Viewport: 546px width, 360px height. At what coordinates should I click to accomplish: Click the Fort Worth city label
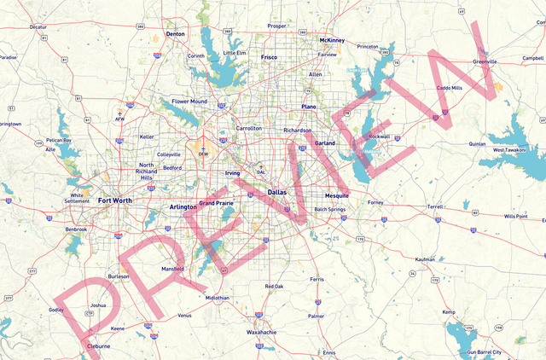[x=115, y=200]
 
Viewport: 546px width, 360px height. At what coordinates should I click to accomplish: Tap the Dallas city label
[x=277, y=193]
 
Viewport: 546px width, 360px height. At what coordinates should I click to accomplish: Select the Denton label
[x=176, y=34]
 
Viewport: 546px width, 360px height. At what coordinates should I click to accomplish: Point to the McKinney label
[x=331, y=40]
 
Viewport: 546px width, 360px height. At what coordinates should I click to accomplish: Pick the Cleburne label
[x=99, y=346]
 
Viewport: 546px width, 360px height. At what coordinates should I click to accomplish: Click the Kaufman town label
[x=425, y=259]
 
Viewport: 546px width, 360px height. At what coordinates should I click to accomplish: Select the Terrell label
[x=436, y=206]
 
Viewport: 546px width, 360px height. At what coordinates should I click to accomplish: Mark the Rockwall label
[x=379, y=136]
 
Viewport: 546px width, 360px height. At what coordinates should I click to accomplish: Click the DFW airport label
[x=203, y=154]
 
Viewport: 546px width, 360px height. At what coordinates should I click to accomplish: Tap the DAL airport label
[x=261, y=171]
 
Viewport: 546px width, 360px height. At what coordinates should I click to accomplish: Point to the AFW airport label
[x=119, y=119]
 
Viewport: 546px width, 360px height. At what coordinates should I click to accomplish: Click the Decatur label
[x=38, y=27]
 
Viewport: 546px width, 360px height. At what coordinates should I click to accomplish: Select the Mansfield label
[x=172, y=269]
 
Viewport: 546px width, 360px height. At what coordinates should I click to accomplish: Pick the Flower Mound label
[x=189, y=102]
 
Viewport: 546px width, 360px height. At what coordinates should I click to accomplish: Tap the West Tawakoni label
[x=509, y=150]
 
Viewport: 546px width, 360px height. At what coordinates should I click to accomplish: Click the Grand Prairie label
[x=215, y=203]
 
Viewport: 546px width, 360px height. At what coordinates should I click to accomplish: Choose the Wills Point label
[x=515, y=217]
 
